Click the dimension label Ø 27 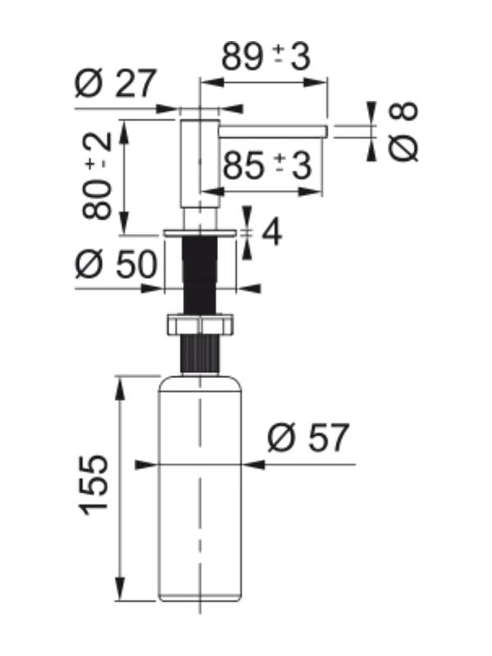116,83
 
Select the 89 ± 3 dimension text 266,57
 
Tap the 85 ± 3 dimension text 267,166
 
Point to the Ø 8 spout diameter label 403,131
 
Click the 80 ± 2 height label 98,175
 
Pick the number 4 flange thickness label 271,233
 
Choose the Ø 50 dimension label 116,264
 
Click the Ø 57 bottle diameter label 308,438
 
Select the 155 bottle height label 93,485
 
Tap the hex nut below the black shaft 200,323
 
